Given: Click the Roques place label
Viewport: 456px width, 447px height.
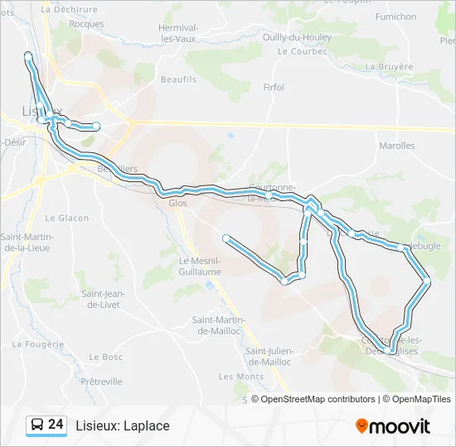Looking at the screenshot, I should [x=86, y=24].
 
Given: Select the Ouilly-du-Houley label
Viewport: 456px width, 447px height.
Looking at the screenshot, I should [x=296, y=37].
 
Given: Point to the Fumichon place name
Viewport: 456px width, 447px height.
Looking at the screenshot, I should [x=395, y=17].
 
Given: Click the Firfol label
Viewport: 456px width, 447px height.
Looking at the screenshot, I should [x=274, y=87].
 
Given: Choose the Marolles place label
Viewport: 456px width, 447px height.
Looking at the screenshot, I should [x=396, y=146].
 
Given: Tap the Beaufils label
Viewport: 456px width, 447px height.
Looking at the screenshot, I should [x=180, y=79].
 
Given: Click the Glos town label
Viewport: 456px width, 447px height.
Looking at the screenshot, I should [x=177, y=203].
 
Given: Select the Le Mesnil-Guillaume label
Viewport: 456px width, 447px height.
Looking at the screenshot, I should [x=200, y=266].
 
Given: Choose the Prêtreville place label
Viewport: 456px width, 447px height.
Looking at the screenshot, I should [x=102, y=382].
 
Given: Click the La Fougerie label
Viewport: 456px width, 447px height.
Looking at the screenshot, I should [x=38, y=344].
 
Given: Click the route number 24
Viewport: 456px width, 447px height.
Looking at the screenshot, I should [x=56, y=425].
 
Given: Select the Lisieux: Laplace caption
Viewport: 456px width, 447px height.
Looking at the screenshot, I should [x=122, y=426].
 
